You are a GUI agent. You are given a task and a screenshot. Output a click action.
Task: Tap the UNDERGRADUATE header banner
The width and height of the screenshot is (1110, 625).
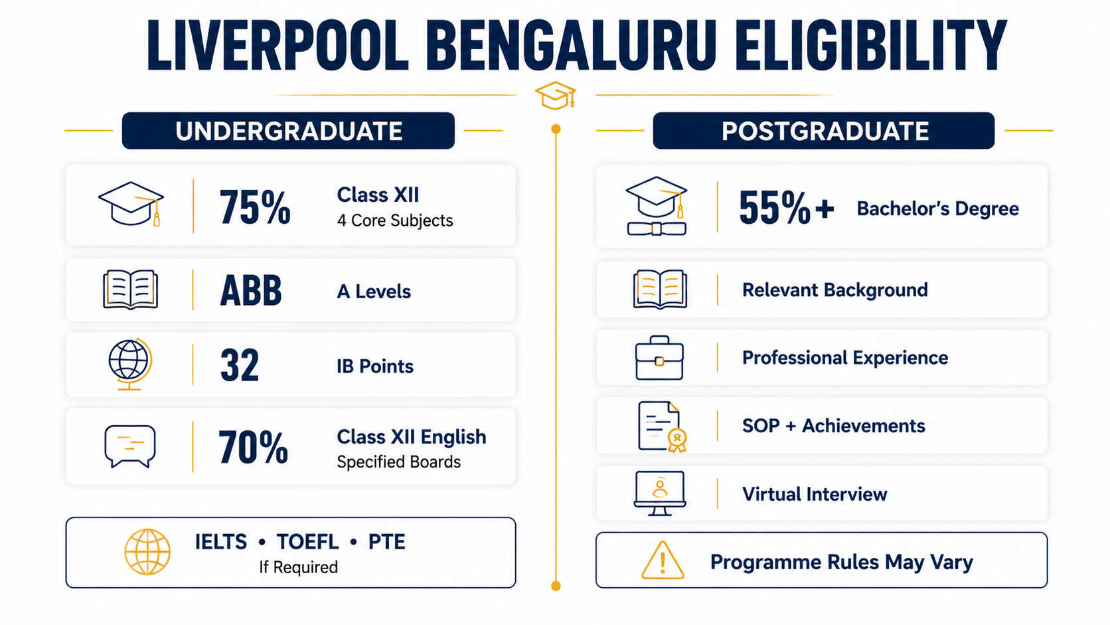coord(288,130)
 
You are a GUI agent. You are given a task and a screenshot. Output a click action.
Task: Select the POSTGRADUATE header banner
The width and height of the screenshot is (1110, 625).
coord(824,130)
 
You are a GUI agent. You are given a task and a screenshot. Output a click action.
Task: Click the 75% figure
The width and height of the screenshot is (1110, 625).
coord(255,207)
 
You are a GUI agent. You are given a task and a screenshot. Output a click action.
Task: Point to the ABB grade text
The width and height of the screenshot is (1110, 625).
coord(251,290)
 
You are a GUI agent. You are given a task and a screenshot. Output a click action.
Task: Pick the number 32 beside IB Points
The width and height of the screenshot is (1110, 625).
coord(240,365)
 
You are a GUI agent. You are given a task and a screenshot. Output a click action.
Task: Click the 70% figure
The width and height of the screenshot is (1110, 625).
coord(253,446)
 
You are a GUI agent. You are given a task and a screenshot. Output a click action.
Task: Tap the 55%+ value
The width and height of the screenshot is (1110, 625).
coord(787,207)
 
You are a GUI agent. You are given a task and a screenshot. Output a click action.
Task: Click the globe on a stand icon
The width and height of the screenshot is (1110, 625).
coord(130,364)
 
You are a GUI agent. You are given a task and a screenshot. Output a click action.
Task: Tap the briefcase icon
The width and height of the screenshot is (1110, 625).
coord(659,358)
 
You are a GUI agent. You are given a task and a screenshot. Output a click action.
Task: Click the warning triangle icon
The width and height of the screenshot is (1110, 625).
coord(663,561)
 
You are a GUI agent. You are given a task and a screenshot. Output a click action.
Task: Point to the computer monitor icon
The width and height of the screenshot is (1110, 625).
coord(659,493)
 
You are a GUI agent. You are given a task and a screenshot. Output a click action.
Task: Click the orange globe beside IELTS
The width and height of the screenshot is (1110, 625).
coord(147,552)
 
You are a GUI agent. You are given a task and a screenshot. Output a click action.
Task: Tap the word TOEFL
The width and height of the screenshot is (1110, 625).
coord(308,542)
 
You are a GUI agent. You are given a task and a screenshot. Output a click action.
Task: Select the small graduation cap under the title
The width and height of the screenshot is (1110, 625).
coord(556,95)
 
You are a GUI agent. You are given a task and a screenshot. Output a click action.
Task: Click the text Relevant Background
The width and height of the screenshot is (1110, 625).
coord(834,290)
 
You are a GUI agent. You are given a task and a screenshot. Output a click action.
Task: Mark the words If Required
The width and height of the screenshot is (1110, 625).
coord(298,567)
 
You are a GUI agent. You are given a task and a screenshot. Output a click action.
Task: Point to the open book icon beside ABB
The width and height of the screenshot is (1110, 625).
coord(130,290)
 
